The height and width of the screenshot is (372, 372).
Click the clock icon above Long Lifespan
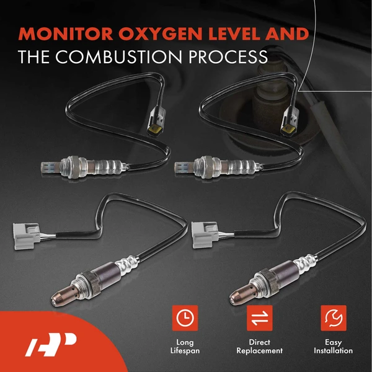click(x=184, y=318)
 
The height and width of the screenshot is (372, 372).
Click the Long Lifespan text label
click(x=184, y=347)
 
